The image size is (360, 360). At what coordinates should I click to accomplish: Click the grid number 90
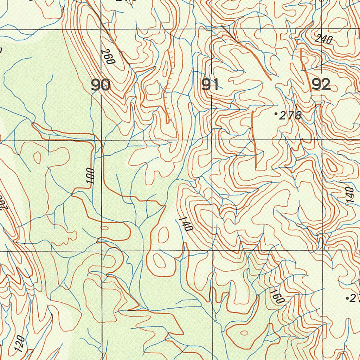101,85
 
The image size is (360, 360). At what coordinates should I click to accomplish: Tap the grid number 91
210,85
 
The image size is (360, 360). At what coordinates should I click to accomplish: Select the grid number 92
321,84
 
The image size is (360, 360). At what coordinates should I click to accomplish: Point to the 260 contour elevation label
108,56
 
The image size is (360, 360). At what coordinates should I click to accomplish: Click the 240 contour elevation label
323,39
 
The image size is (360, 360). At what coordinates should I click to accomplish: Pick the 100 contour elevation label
91,176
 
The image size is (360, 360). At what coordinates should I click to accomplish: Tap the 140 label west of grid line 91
186,224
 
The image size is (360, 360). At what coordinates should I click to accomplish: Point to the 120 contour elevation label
20,343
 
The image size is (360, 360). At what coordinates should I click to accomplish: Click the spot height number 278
290,115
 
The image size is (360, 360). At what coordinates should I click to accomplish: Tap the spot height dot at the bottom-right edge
347,298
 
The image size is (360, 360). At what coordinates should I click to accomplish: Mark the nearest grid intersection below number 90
102,140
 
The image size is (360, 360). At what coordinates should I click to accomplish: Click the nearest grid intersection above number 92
322,29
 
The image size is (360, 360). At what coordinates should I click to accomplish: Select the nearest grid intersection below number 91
212,140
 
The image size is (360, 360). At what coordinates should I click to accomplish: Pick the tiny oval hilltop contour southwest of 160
243,333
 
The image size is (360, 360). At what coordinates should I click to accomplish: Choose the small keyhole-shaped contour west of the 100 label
37,156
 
